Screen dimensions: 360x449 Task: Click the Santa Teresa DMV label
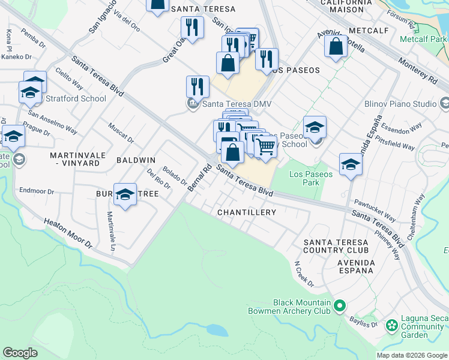pyautogui.click(x=237, y=104)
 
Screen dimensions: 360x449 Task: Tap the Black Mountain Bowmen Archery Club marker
pyautogui.click(x=339, y=307)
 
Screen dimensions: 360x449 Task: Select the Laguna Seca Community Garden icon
pyautogui.click(x=392, y=326)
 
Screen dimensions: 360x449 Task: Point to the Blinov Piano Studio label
pyautogui.click(x=400, y=104)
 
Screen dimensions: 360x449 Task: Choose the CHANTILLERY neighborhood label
pyautogui.click(x=247, y=212)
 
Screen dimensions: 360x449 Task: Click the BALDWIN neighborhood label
pyautogui.click(x=136, y=160)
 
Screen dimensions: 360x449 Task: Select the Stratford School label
pyautogui.click(x=68, y=98)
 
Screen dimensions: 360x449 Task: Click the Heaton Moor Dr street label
pyautogui.click(x=68, y=233)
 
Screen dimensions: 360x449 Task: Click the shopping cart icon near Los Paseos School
pyautogui.click(x=265, y=146)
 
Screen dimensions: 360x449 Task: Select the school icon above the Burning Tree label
pyautogui.click(x=125, y=194)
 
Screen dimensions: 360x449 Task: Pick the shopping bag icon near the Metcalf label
pyautogui.click(x=336, y=46)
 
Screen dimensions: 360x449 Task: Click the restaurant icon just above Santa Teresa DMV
pyautogui.click(x=197, y=86)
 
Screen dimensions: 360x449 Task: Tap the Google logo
pyautogui.click(x=20, y=352)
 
